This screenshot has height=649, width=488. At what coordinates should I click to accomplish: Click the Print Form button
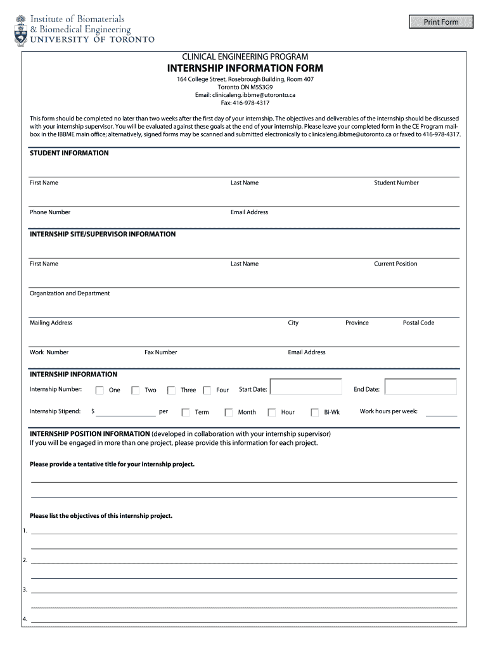[x=441, y=22]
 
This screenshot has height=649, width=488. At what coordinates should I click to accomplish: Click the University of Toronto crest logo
[x=21, y=30]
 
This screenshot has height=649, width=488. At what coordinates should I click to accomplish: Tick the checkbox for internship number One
[x=100, y=390]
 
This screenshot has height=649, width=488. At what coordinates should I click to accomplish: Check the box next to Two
[x=135, y=390]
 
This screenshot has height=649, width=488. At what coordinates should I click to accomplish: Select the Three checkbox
[x=171, y=390]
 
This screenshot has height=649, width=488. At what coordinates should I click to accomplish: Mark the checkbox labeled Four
[x=207, y=390]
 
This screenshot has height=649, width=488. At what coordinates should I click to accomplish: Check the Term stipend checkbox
[x=185, y=413]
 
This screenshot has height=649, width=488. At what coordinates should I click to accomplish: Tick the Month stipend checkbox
[x=228, y=413]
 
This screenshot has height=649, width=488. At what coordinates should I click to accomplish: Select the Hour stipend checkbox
[x=271, y=413]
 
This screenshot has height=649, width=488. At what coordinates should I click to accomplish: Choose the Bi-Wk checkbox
[x=314, y=413]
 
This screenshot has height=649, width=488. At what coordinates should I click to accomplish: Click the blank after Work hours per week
[x=441, y=412]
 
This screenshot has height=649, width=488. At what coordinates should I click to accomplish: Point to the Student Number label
[x=396, y=183]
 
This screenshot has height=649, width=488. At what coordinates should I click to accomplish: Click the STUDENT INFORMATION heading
[x=69, y=153]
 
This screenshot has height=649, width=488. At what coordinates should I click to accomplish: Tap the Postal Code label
[x=418, y=323]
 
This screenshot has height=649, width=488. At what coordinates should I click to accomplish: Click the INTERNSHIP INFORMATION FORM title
[x=245, y=68]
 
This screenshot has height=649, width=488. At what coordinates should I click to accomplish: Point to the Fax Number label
[x=160, y=352]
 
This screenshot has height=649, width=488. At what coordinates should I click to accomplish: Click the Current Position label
[x=395, y=264]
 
